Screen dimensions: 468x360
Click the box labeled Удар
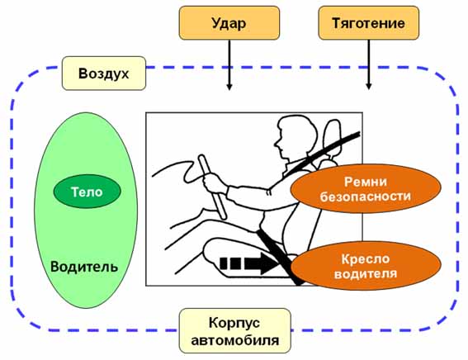coord(229,23)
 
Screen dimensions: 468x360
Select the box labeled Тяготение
coord(369,23)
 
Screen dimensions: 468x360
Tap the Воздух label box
coord(104,73)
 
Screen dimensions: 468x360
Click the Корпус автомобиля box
coord(235,331)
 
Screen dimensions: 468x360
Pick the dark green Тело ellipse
coord(87,192)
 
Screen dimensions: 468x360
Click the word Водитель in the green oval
coord(84,267)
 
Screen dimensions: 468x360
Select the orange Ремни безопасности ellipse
coord(366,188)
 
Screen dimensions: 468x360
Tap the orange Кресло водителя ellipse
coord(366,266)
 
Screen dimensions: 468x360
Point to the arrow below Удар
coord(229,64)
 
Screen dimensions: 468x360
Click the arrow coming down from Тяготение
coord(369,64)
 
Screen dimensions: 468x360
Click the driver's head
coord(295,137)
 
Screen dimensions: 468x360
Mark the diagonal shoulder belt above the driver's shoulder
coord(325,151)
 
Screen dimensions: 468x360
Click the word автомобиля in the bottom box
coord(235,340)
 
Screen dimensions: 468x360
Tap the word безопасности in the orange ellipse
coord(366,197)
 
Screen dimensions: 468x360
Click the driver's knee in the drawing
coord(209,225)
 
